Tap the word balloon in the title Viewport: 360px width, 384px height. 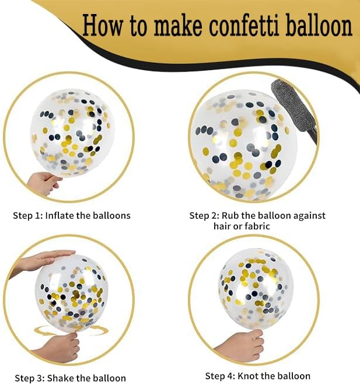click(319, 25)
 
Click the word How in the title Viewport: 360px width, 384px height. click(102, 25)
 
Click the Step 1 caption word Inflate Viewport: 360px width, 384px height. click(60, 215)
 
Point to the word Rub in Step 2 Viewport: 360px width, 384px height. click(230, 215)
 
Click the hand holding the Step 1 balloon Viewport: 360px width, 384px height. click(43, 183)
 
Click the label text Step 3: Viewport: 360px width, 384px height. click(30, 378)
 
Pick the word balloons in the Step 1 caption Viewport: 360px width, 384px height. click(111, 215)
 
